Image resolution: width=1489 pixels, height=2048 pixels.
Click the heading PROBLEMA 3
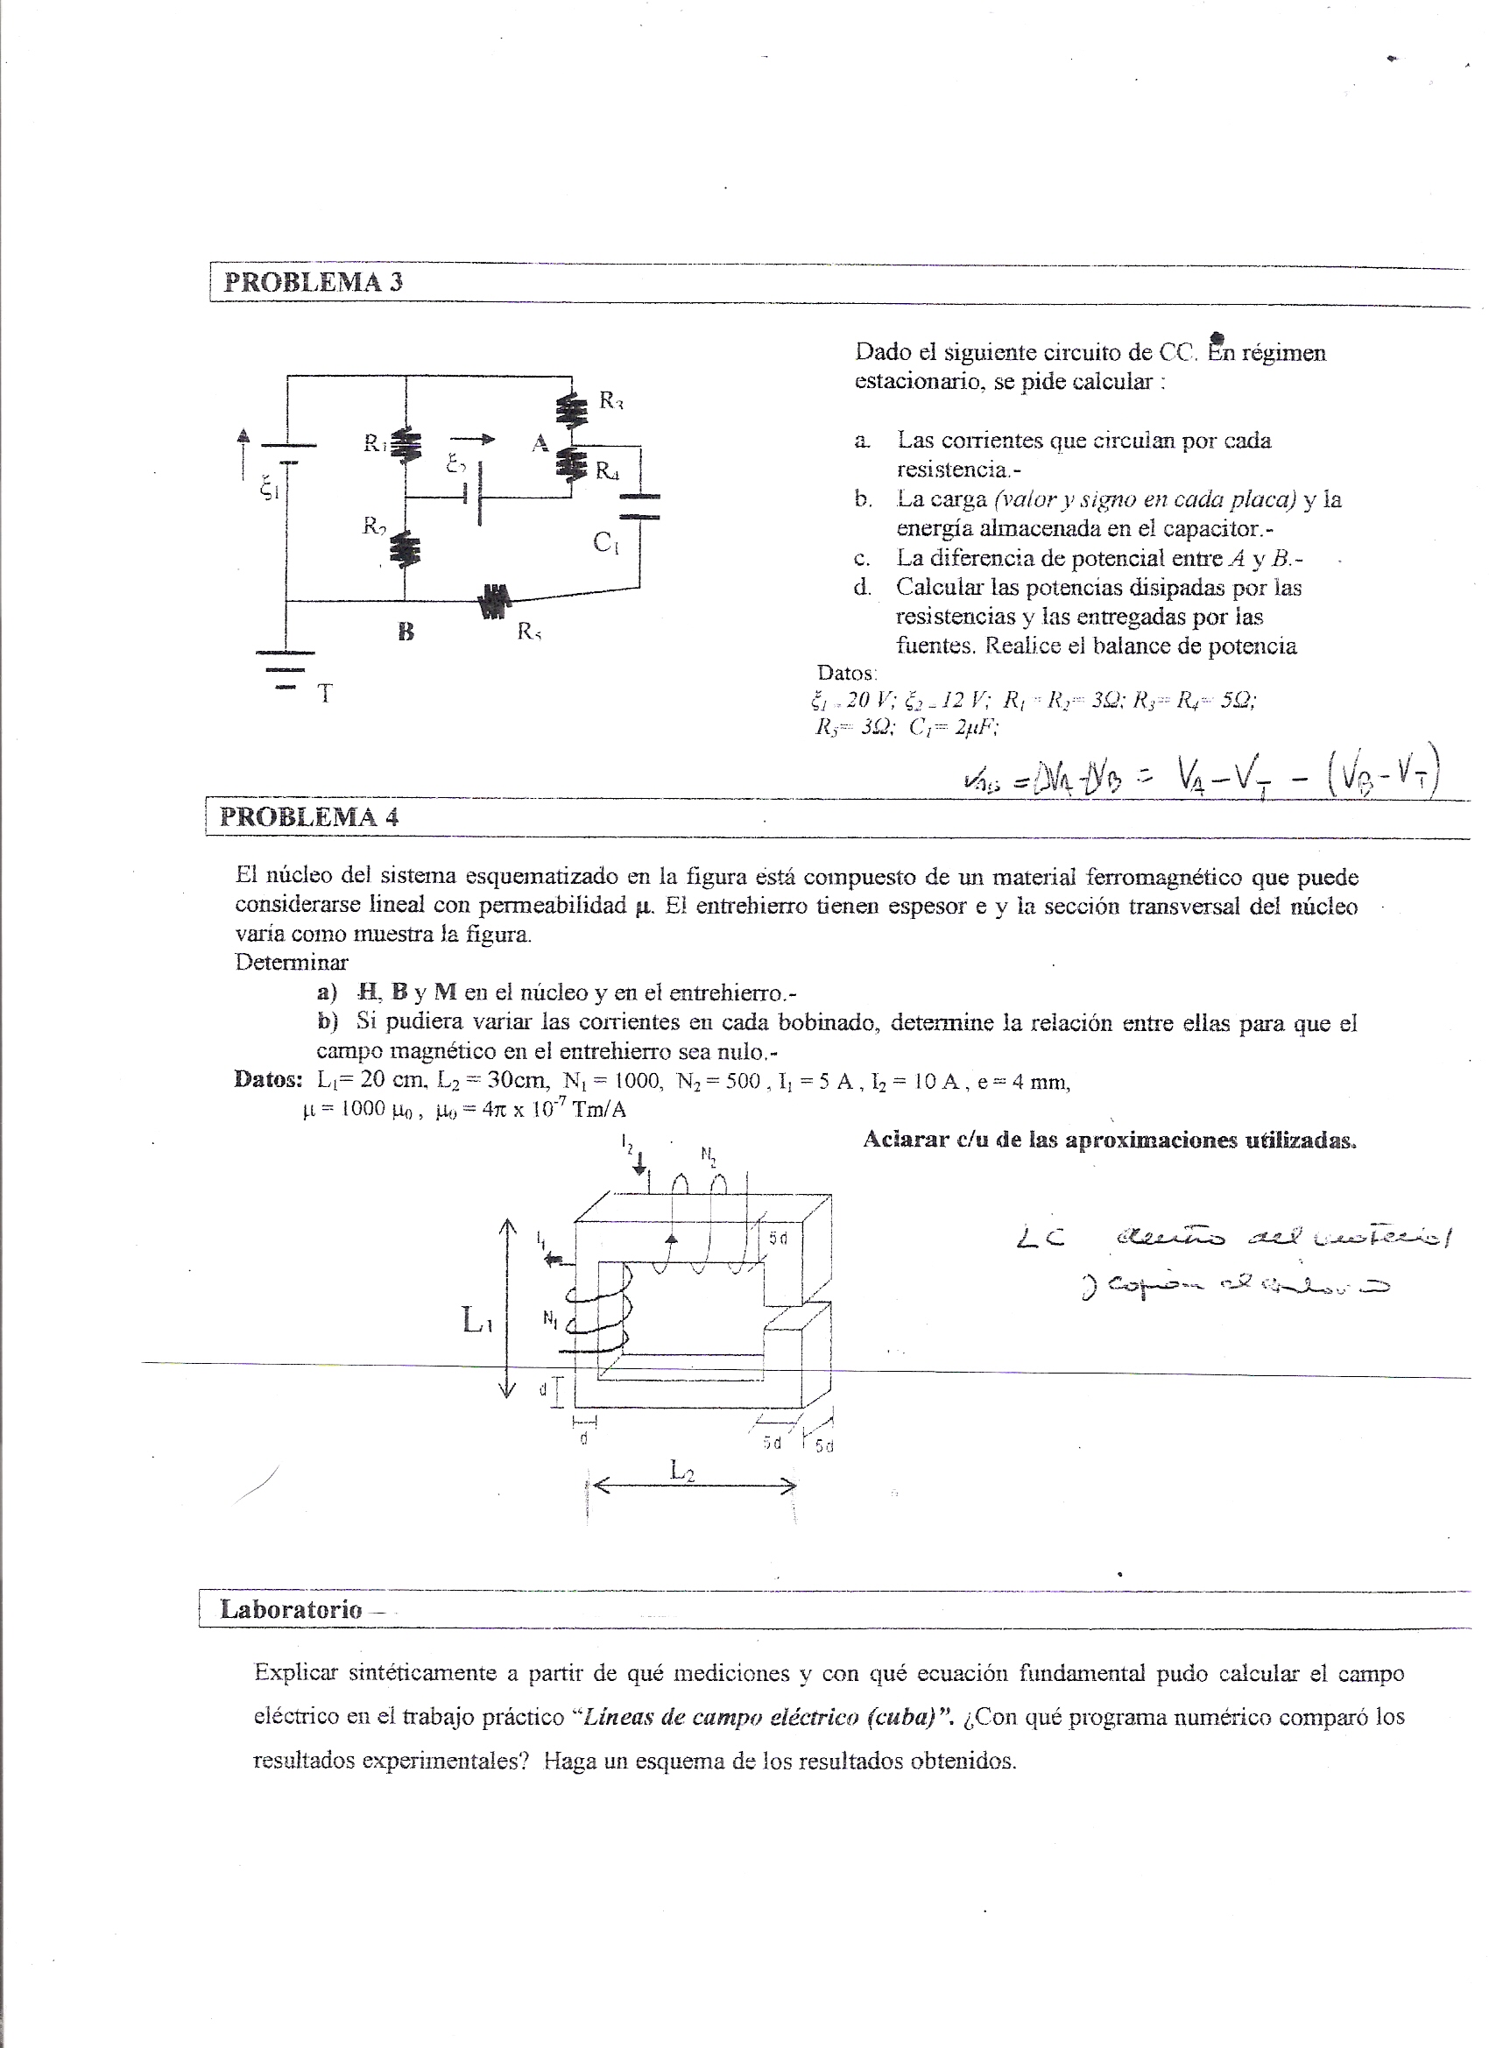pyautogui.click(x=313, y=282)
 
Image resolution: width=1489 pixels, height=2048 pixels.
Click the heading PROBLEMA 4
pyautogui.click(x=309, y=816)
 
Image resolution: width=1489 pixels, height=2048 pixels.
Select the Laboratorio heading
pyautogui.click(x=291, y=1608)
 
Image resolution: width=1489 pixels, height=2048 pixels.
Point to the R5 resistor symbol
pyautogui.click(x=495, y=601)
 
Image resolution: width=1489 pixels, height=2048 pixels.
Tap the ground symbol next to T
pyautogui.click(x=286, y=669)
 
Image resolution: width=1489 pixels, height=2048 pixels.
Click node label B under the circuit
pyautogui.click(x=406, y=632)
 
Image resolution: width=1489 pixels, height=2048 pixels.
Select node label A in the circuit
pyautogui.click(x=540, y=442)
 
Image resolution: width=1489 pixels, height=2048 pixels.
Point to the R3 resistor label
pyautogui.click(x=611, y=400)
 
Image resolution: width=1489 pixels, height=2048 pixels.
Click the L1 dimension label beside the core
pyautogui.click(x=476, y=1321)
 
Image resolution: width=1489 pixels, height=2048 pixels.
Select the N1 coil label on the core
pyautogui.click(x=549, y=1317)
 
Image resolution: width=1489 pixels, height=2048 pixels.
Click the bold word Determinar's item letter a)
pyautogui.click(x=326, y=992)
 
